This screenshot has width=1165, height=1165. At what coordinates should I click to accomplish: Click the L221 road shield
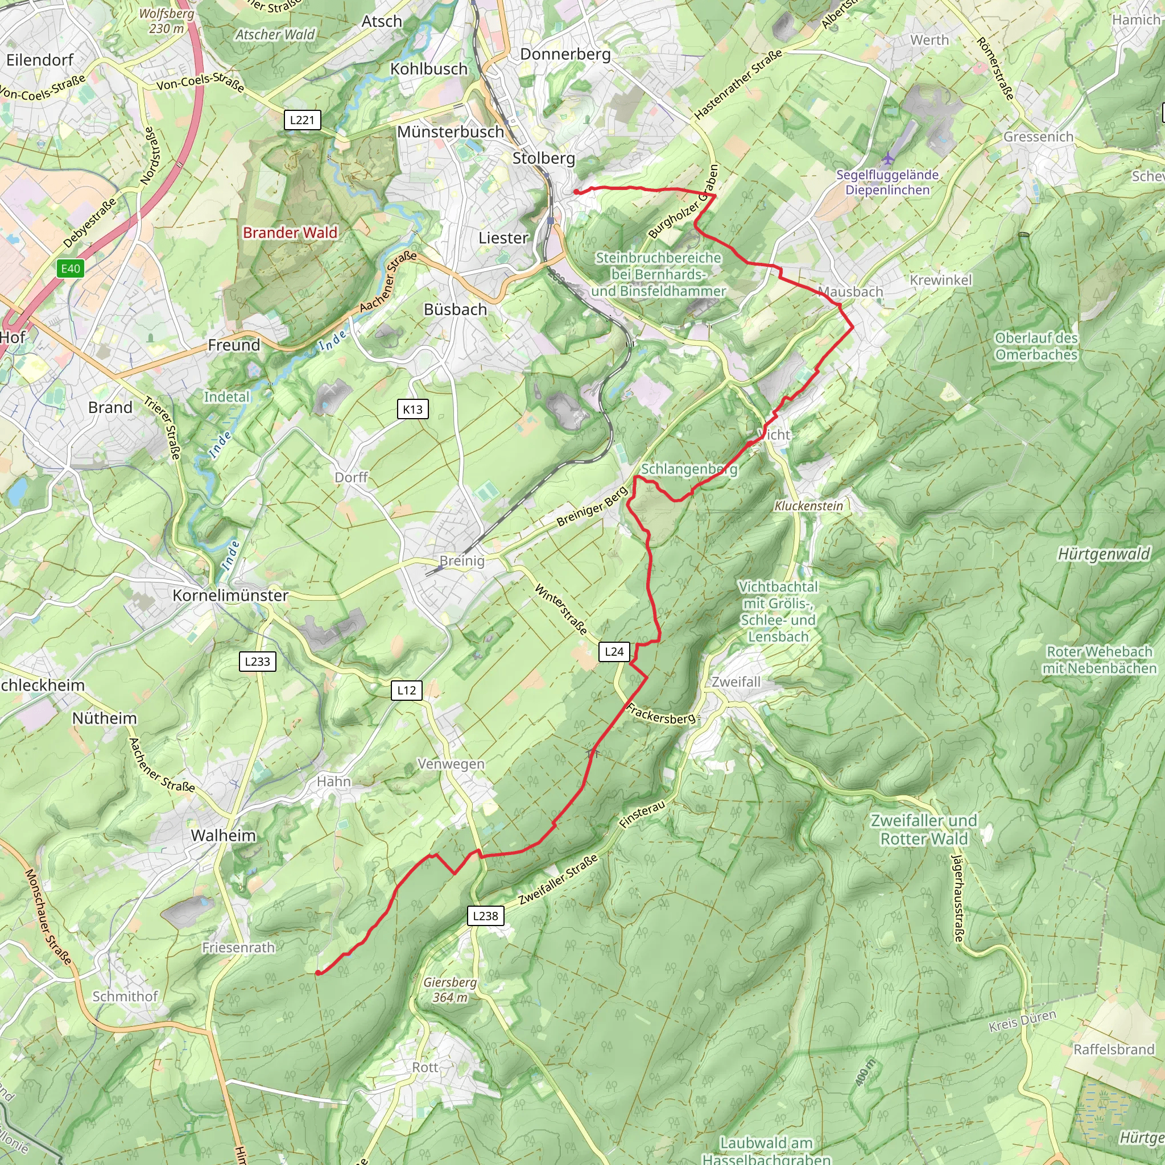tap(302, 119)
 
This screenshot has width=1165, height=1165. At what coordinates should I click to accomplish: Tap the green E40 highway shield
tap(71, 268)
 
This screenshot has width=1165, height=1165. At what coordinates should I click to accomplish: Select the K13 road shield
tap(412, 409)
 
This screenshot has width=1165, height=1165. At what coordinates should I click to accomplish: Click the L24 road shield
tap(614, 651)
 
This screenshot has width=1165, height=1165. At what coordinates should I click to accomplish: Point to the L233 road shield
tap(258, 661)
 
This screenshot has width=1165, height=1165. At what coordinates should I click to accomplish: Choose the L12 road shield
tap(406, 690)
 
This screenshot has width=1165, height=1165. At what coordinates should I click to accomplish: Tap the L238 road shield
tap(485, 915)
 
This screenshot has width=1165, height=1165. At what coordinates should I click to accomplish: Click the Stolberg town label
tap(543, 158)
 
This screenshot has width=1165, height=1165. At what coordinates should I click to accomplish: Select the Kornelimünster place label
tap(230, 595)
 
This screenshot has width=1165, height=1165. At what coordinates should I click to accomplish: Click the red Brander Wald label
tap(290, 232)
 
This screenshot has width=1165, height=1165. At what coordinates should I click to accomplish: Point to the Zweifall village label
tap(736, 681)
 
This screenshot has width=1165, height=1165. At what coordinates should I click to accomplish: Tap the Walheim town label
tap(224, 835)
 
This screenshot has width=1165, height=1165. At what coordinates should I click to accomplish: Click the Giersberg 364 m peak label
tap(450, 990)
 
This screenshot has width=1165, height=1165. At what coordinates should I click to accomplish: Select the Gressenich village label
tap(1038, 137)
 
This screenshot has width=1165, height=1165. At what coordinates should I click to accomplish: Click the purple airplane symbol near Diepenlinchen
tap(887, 159)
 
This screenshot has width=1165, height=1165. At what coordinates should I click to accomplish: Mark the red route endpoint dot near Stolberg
tap(576, 192)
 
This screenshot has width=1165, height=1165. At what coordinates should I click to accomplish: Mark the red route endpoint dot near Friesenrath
tap(318, 972)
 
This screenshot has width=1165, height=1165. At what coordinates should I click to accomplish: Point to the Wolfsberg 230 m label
tap(167, 20)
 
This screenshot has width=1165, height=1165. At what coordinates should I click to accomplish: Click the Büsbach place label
tap(455, 309)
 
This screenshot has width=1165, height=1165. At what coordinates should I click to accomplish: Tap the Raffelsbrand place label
tap(1114, 1049)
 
